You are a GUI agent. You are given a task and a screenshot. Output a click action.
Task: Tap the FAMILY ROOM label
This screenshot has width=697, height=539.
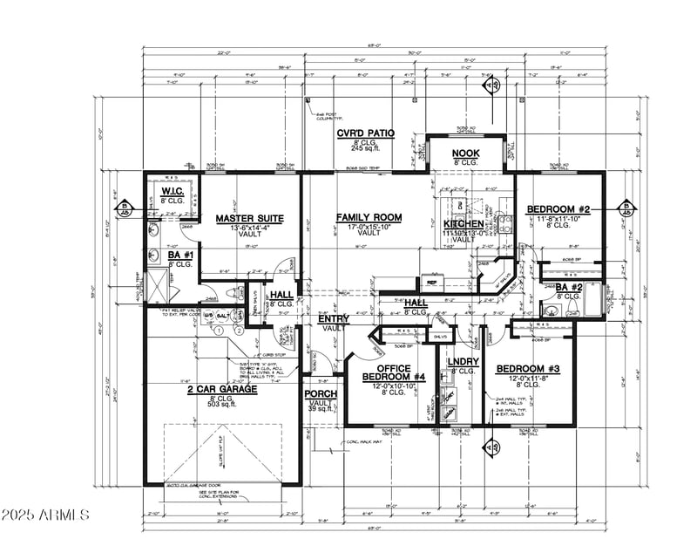tap(369, 216)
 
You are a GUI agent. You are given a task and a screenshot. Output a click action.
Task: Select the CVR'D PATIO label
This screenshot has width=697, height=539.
tap(366, 133)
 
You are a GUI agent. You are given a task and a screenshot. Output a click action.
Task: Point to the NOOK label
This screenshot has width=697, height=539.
tap(464, 154)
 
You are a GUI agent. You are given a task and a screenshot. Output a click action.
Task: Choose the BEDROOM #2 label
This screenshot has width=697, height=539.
tap(558, 209)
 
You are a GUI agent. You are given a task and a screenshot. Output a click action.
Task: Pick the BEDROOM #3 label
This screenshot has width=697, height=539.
tap(528, 370)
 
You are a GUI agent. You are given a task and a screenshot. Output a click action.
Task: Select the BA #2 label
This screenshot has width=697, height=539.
tap(569, 287)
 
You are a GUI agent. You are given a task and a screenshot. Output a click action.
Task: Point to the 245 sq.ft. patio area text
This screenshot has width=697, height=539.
tap(367, 151)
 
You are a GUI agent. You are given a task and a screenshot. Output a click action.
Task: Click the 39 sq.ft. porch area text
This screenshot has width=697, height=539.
tap(318, 410)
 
